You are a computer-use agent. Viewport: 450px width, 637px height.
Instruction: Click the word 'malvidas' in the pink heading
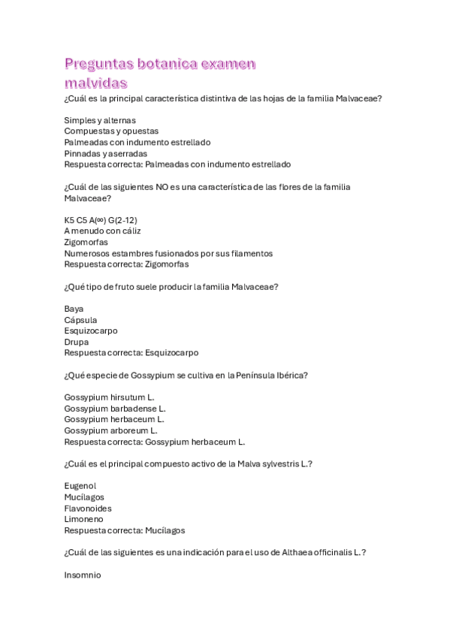pos(95,82)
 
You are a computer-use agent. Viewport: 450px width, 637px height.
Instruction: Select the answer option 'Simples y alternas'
pos(100,120)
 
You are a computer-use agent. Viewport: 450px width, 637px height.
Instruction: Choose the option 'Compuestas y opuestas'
pos(111,131)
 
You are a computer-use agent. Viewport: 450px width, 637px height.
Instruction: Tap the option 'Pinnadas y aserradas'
pos(105,153)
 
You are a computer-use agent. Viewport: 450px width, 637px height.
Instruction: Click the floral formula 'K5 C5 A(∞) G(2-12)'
pos(101,220)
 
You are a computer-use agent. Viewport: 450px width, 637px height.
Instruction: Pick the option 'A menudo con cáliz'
pos(102,231)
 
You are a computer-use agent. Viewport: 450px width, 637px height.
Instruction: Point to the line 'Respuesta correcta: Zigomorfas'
pos(126,264)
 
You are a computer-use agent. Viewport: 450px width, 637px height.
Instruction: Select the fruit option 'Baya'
pos(74,309)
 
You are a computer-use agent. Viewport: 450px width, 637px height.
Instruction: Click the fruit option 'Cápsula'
pos(80,320)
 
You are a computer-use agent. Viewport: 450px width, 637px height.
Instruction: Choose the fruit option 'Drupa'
pos(76,342)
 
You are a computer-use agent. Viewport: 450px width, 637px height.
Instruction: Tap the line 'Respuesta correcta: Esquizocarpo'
pos(131,353)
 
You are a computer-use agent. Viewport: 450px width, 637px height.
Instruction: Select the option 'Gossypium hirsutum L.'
pos(109,397)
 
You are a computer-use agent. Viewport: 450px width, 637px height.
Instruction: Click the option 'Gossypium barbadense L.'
pos(115,409)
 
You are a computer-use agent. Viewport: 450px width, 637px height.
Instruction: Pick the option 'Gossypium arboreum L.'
pos(111,430)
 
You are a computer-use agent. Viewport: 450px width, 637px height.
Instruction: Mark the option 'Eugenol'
pos(80,486)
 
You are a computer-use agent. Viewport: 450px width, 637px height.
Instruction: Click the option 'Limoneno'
pos(83,519)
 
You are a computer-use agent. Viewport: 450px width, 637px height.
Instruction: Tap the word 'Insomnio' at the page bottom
pos(83,575)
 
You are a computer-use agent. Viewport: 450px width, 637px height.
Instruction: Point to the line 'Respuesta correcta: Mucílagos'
pos(125,530)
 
